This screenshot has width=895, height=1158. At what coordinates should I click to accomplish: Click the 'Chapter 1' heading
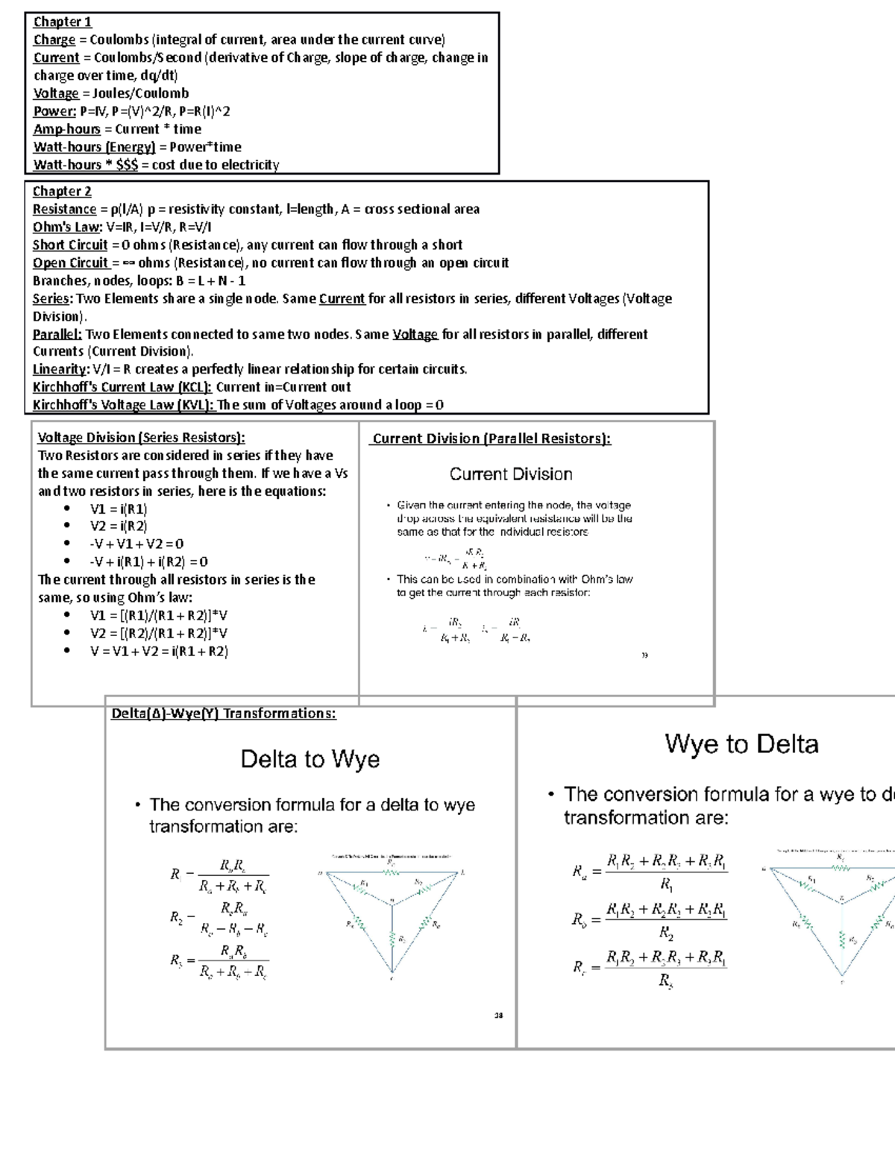click(x=62, y=22)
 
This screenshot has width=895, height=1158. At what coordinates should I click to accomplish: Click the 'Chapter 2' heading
click(x=62, y=191)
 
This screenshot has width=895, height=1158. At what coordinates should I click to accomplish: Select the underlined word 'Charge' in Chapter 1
click(x=54, y=40)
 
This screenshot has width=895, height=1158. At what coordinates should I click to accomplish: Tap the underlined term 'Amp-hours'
click(x=66, y=129)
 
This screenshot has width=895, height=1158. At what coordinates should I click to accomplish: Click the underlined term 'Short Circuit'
click(x=70, y=245)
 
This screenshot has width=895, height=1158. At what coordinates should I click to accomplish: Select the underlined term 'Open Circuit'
click(x=71, y=262)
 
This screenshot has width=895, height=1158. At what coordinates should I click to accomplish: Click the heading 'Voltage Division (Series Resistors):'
click(x=141, y=438)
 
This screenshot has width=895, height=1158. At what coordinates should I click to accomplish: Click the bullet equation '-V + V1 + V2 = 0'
click(x=136, y=544)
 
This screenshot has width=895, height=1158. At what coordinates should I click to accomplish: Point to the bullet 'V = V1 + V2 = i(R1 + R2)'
click(x=158, y=651)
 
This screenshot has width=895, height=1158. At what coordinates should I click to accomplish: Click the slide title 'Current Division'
click(x=511, y=474)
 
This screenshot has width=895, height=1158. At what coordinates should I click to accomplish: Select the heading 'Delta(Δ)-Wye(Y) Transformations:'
click(x=224, y=714)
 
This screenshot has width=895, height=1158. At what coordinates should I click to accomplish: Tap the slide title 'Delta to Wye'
click(x=310, y=759)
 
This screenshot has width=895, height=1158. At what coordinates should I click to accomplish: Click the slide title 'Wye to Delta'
click(x=741, y=743)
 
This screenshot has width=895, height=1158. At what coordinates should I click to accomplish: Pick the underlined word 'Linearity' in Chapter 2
click(x=60, y=369)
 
